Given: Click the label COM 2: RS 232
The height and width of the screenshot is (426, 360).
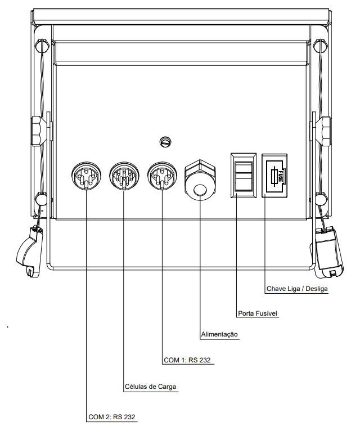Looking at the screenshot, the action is pyautogui.click(x=111, y=417).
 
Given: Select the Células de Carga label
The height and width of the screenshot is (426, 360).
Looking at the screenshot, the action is pyautogui.click(x=150, y=387).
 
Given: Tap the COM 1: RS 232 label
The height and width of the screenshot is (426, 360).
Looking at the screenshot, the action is pyautogui.click(x=187, y=360).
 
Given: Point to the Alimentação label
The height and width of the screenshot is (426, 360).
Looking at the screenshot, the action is pyautogui.click(x=219, y=334).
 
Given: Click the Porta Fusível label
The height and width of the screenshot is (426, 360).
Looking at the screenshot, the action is pyautogui.click(x=258, y=313).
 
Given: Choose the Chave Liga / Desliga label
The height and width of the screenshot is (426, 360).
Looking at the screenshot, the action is pyautogui.click(x=297, y=289).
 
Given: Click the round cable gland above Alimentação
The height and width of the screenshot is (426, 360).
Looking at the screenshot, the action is pyautogui.click(x=200, y=180).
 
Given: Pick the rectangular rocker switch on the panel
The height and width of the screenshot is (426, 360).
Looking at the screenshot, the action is pyautogui.click(x=244, y=176).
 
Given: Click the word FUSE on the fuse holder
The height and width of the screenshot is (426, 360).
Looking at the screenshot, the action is pyautogui.click(x=281, y=176).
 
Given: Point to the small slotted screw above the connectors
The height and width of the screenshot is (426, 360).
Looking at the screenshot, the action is pyautogui.click(x=165, y=142).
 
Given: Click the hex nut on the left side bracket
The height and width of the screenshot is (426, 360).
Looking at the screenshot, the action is pyautogui.click(x=38, y=131).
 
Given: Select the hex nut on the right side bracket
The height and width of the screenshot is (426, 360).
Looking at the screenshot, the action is pyautogui.click(x=325, y=131).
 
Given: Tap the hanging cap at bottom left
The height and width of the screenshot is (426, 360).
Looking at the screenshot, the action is pyautogui.click(x=29, y=252).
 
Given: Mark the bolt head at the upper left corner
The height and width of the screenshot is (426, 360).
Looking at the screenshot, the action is pyautogui.click(x=42, y=46).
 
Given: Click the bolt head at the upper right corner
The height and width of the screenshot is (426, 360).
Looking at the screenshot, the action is pyautogui.click(x=321, y=46).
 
